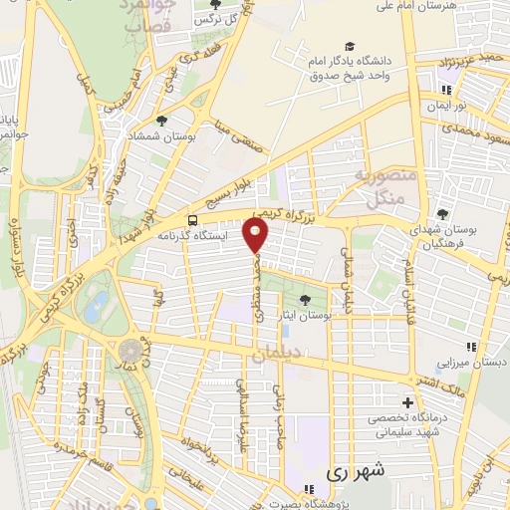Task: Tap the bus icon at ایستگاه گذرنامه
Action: coord(192,220)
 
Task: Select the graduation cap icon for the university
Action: coord(350,46)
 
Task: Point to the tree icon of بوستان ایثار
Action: coord(306,300)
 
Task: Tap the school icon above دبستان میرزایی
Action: coord(471,347)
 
